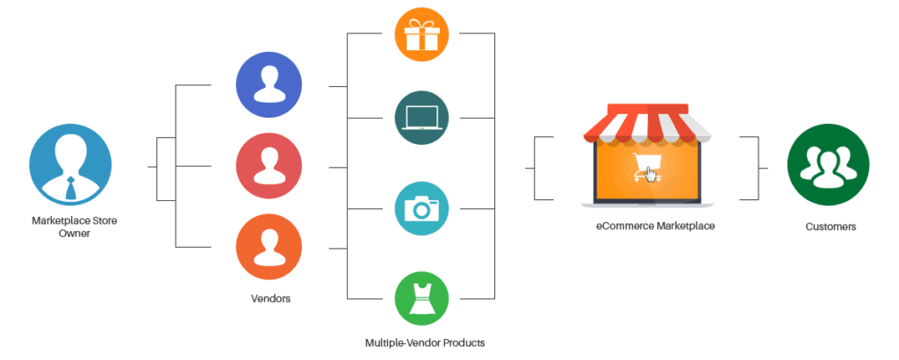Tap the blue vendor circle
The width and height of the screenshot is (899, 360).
(x=269, y=85)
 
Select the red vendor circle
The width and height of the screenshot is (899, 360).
(x=269, y=165)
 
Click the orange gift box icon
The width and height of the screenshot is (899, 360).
(x=421, y=34)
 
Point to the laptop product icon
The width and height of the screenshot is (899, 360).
(x=421, y=117)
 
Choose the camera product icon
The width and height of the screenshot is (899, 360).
(x=421, y=208)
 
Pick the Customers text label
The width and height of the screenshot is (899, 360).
(x=831, y=227)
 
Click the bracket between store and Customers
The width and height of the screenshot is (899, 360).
(x=753, y=166)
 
